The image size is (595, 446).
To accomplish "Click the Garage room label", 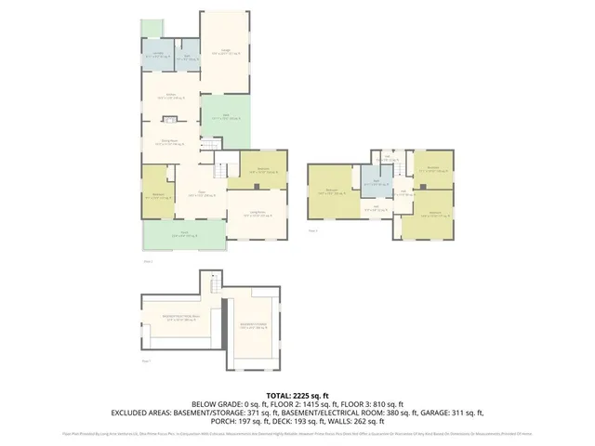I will tap(225, 53).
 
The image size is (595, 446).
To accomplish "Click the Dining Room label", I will tap(170, 143).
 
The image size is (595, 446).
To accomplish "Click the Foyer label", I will tap(196, 195).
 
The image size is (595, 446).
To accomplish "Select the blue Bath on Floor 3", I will tap(377, 183).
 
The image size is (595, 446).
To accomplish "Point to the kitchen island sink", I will tap(171, 119).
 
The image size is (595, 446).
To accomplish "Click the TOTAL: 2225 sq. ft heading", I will tap(297, 395).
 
